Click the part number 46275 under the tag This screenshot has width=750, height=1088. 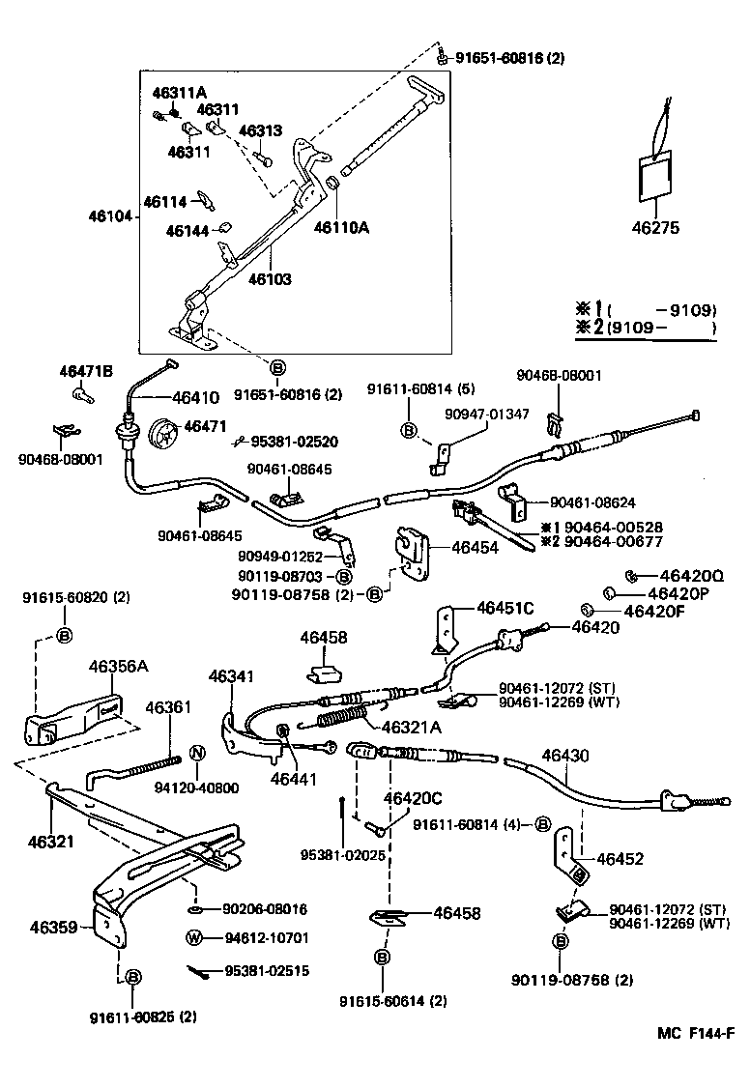(x=655, y=229)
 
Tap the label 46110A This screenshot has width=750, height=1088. (x=342, y=228)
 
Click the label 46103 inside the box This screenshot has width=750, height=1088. (x=270, y=279)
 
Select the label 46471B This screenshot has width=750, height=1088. (x=86, y=371)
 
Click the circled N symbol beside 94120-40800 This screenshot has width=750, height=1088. (x=195, y=753)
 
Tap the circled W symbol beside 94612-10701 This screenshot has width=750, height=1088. (x=195, y=937)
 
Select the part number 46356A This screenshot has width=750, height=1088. (x=118, y=667)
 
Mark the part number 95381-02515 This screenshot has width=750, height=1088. (x=267, y=971)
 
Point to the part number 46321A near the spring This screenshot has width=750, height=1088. (x=411, y=727)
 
